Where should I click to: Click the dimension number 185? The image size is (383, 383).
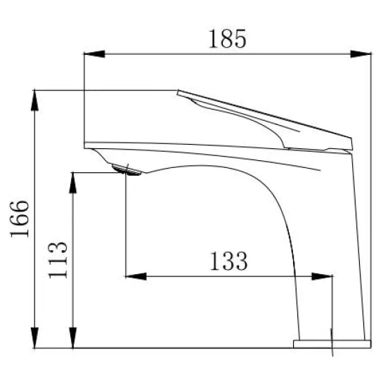click(x=228, y=39)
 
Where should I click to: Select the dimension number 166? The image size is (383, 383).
click(x=19, y=219)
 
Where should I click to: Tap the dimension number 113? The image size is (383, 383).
click(x=58, y=260)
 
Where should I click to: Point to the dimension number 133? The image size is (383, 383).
click(x=228, y=261)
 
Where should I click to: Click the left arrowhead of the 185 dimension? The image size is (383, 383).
click(x=94, y=54)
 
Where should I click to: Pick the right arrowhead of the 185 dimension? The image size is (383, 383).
click(x=361, y=54)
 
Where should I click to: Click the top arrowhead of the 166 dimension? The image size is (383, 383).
click(x=34, y=100)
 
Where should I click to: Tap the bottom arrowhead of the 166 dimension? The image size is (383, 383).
click(x=34, y=338)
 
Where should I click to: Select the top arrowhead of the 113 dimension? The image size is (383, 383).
click(x=73, y=183)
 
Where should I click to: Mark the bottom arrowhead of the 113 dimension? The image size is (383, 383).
click(x=73, y=338)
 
